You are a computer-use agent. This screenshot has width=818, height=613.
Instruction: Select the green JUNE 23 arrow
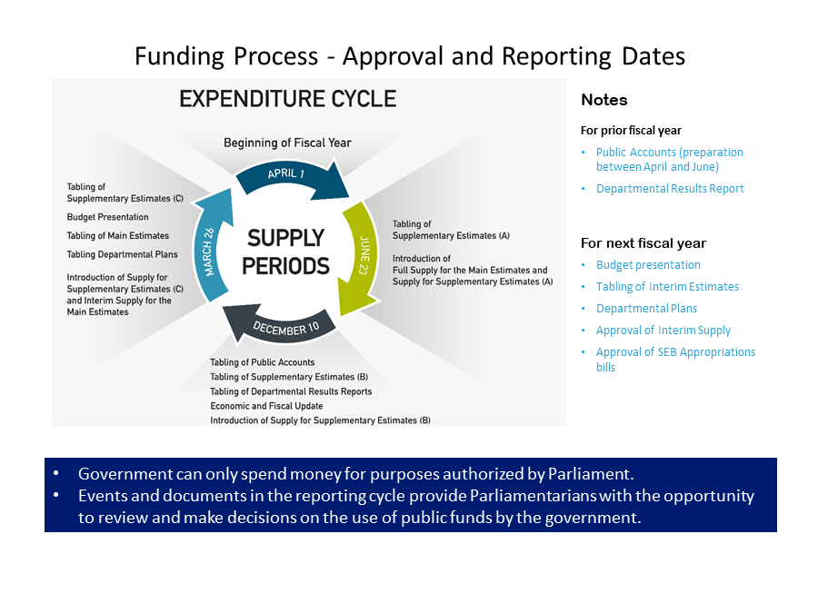click(x=361, y=251)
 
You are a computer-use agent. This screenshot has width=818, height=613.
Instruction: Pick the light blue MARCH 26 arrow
click(x=210, y=247)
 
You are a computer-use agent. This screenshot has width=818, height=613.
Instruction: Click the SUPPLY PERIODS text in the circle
click(x=287, y=252)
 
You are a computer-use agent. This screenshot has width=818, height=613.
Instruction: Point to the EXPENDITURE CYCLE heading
click(x=287, y=99)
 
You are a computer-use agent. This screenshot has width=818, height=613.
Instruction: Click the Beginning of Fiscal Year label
click(x=287, y=143)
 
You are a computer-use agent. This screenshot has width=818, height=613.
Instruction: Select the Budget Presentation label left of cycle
click(x=107, y=217)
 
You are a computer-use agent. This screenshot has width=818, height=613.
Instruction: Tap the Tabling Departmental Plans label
click(x=122, y=254)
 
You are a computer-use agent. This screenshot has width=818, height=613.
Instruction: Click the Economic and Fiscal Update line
click(x=266, y=406)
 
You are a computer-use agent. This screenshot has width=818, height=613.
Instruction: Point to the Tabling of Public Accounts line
click(x=262, y=362)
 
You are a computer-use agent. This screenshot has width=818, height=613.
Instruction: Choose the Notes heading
click(x=604, y=100)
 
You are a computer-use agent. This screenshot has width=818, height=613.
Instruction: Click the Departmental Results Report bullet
click(x=670, y=189)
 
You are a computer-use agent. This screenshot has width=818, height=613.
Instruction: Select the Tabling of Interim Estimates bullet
click(x=667, y=287)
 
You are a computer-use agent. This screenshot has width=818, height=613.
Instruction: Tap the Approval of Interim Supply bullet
click(x=663, y=331)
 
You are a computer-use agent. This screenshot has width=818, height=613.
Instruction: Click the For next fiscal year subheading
click(x=643, y=243)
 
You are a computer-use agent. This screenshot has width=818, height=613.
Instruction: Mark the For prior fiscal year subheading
click(x=631, y=130)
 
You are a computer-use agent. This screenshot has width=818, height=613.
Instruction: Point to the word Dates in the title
click(x=653, y=56)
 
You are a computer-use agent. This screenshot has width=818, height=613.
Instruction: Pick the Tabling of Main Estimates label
click(x=118, y=236)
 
